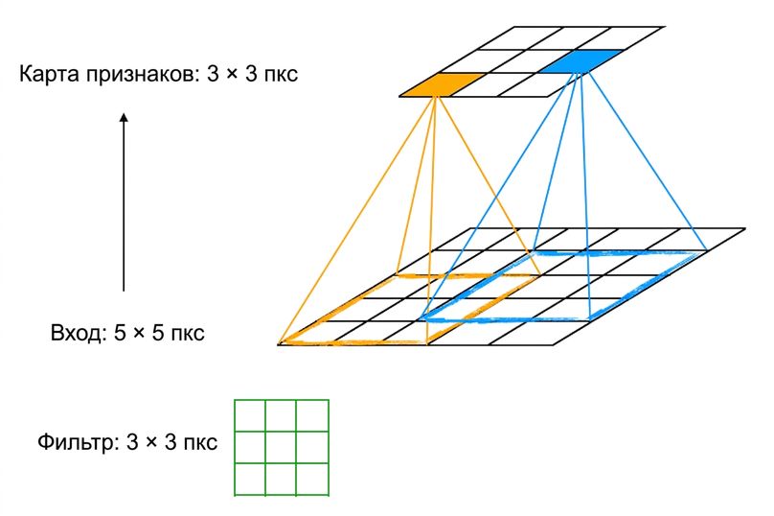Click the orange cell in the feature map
[442, 84]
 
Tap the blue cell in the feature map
[581, 61]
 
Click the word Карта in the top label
[48, 74]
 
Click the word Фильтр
[79, 442]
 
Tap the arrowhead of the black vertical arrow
[124, 118]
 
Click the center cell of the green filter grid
[281, 447]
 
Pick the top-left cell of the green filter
[250, 415]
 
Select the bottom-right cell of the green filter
[312, 479]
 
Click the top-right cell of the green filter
[312, 415]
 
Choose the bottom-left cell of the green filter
[250, 479]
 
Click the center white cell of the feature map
[512, 61]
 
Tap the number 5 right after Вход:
[120, 333]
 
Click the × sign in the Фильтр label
[151, 443]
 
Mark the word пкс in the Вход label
[188, 334]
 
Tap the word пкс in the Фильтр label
[200, 443]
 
